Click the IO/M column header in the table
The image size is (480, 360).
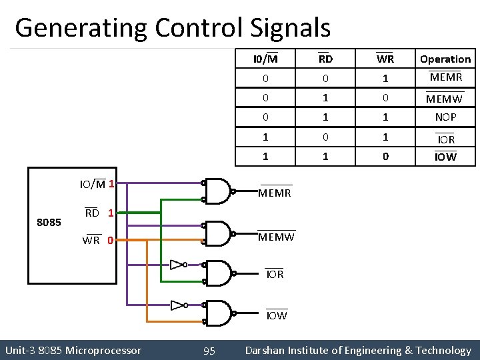265,59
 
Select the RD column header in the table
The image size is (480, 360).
325,59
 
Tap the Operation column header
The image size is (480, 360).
445,59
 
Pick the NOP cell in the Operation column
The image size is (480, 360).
445,117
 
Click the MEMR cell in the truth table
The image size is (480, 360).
446,78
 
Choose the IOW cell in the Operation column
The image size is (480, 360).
445,157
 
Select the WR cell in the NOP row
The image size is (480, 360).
385,117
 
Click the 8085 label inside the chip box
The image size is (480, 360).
49,222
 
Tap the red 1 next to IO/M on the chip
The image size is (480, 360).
112,183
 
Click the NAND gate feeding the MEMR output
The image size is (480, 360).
218,191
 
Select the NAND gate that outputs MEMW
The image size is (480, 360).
218,233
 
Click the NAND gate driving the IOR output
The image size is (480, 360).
218,273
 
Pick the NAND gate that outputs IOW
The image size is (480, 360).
218,313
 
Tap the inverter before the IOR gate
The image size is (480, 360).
177,265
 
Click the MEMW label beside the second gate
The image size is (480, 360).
276,237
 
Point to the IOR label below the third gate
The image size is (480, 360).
275,274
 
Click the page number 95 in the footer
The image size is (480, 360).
209,351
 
